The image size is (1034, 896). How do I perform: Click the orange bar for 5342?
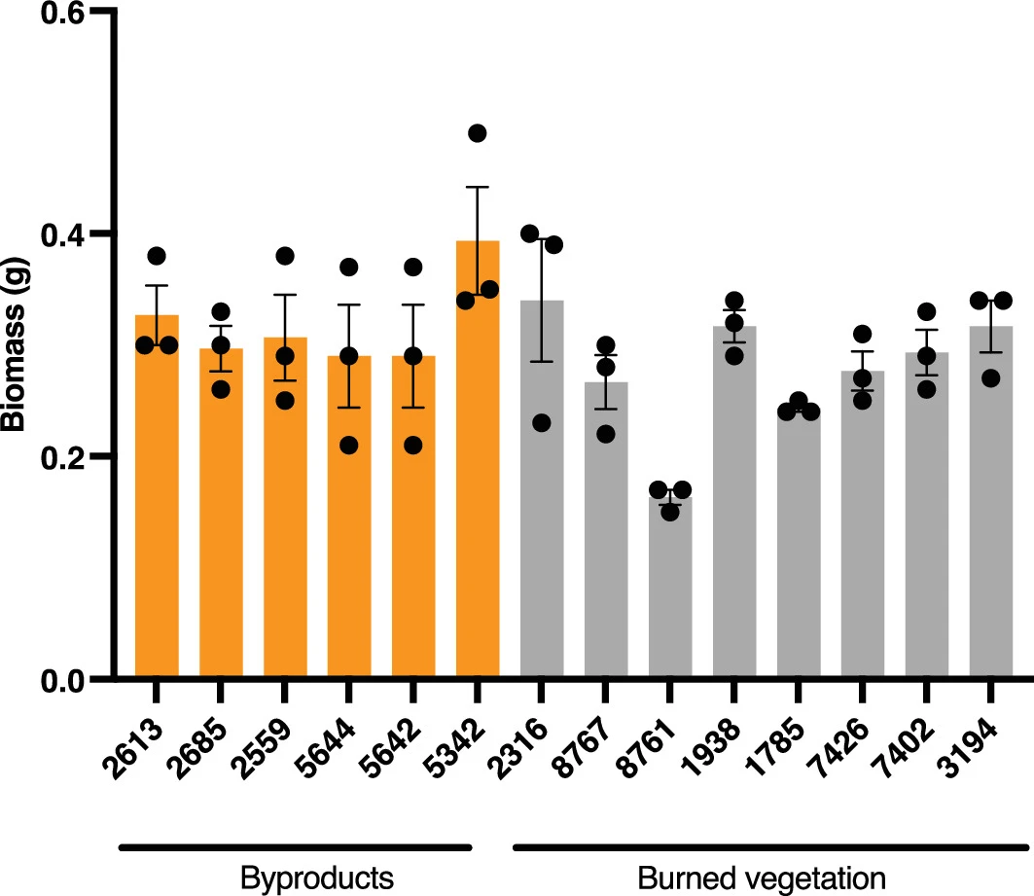[x=478, y=486]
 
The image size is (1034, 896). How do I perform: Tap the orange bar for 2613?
[x=157, y=506]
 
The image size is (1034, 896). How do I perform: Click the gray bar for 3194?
[x=991, y=506]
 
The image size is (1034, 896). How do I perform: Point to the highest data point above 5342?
[x=477, y=133]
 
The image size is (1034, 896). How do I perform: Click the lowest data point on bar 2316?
[x=542, y=422]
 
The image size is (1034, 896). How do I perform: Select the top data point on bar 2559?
[x=285, y=256]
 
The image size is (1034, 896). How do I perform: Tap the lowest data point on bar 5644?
[x=349, y=445]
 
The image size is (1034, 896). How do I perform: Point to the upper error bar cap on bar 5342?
[x=477, y=187]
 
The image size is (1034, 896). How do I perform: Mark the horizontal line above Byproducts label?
[x=295, y=846]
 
